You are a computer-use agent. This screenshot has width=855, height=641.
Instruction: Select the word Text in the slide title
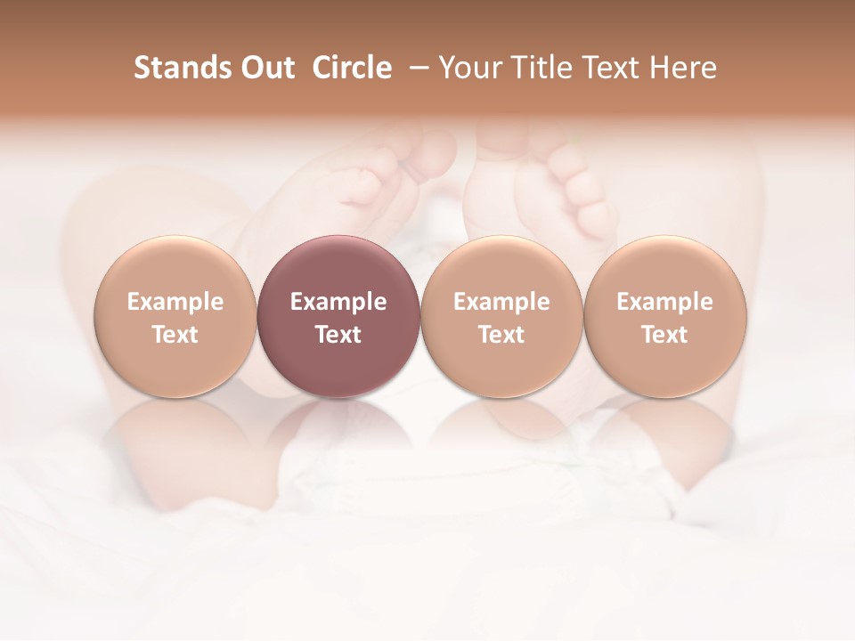[x=615, y=68]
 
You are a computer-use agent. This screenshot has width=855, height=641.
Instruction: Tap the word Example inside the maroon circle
[x=338, y=302]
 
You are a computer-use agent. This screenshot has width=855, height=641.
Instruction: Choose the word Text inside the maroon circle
[x=338, y=335]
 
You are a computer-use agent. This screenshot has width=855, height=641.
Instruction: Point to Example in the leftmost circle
[x=175, y=302]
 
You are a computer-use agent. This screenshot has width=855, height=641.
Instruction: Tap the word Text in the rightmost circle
[x=664, y=335]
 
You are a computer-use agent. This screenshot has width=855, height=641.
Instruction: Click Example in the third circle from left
[x=501, y=302]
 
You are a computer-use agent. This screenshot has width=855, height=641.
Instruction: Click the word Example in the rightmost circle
[x=664, y=302]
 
